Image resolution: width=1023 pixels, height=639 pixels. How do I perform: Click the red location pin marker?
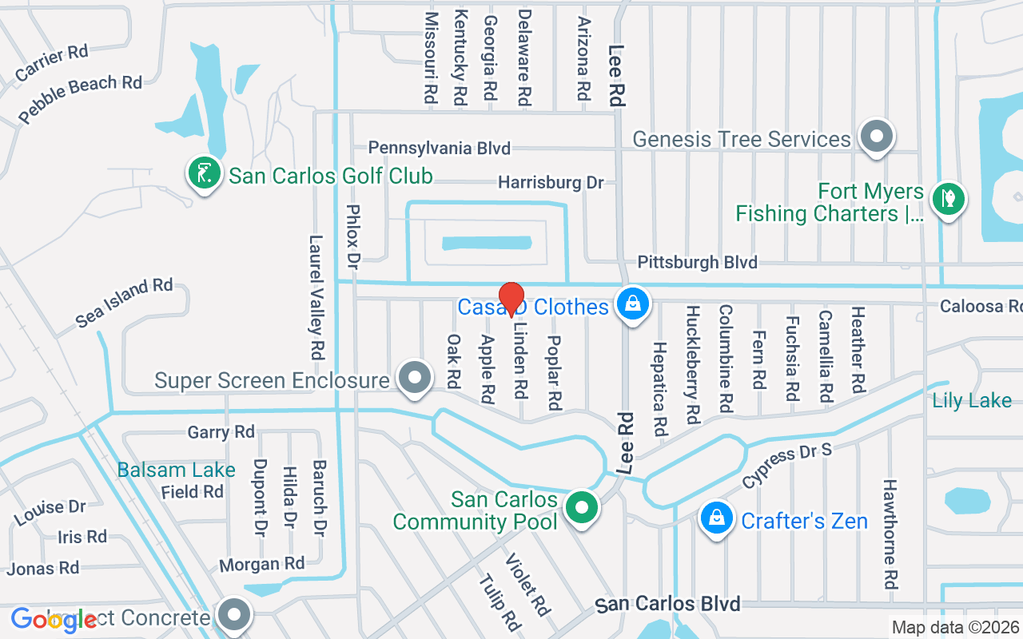[511, 300]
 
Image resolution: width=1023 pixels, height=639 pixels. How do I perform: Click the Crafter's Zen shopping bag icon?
[717, 519]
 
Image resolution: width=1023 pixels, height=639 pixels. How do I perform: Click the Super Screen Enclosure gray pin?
[414, 379]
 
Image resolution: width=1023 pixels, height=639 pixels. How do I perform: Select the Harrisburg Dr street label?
[551, 183]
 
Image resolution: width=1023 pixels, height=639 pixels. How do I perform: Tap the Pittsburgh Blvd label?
[697, 263]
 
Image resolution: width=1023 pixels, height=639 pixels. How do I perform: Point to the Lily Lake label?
[972, 400]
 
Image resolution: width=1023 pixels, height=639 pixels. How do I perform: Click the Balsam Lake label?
[176, 470]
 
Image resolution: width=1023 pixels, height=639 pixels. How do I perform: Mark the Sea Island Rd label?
[124, 303]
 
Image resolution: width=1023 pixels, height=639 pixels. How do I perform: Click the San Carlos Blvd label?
[668, 604]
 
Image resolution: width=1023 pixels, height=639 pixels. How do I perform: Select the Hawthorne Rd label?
[890, 534]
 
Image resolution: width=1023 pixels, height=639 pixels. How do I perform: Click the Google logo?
[54, 619]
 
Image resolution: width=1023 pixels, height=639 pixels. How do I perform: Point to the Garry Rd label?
[221, 433]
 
